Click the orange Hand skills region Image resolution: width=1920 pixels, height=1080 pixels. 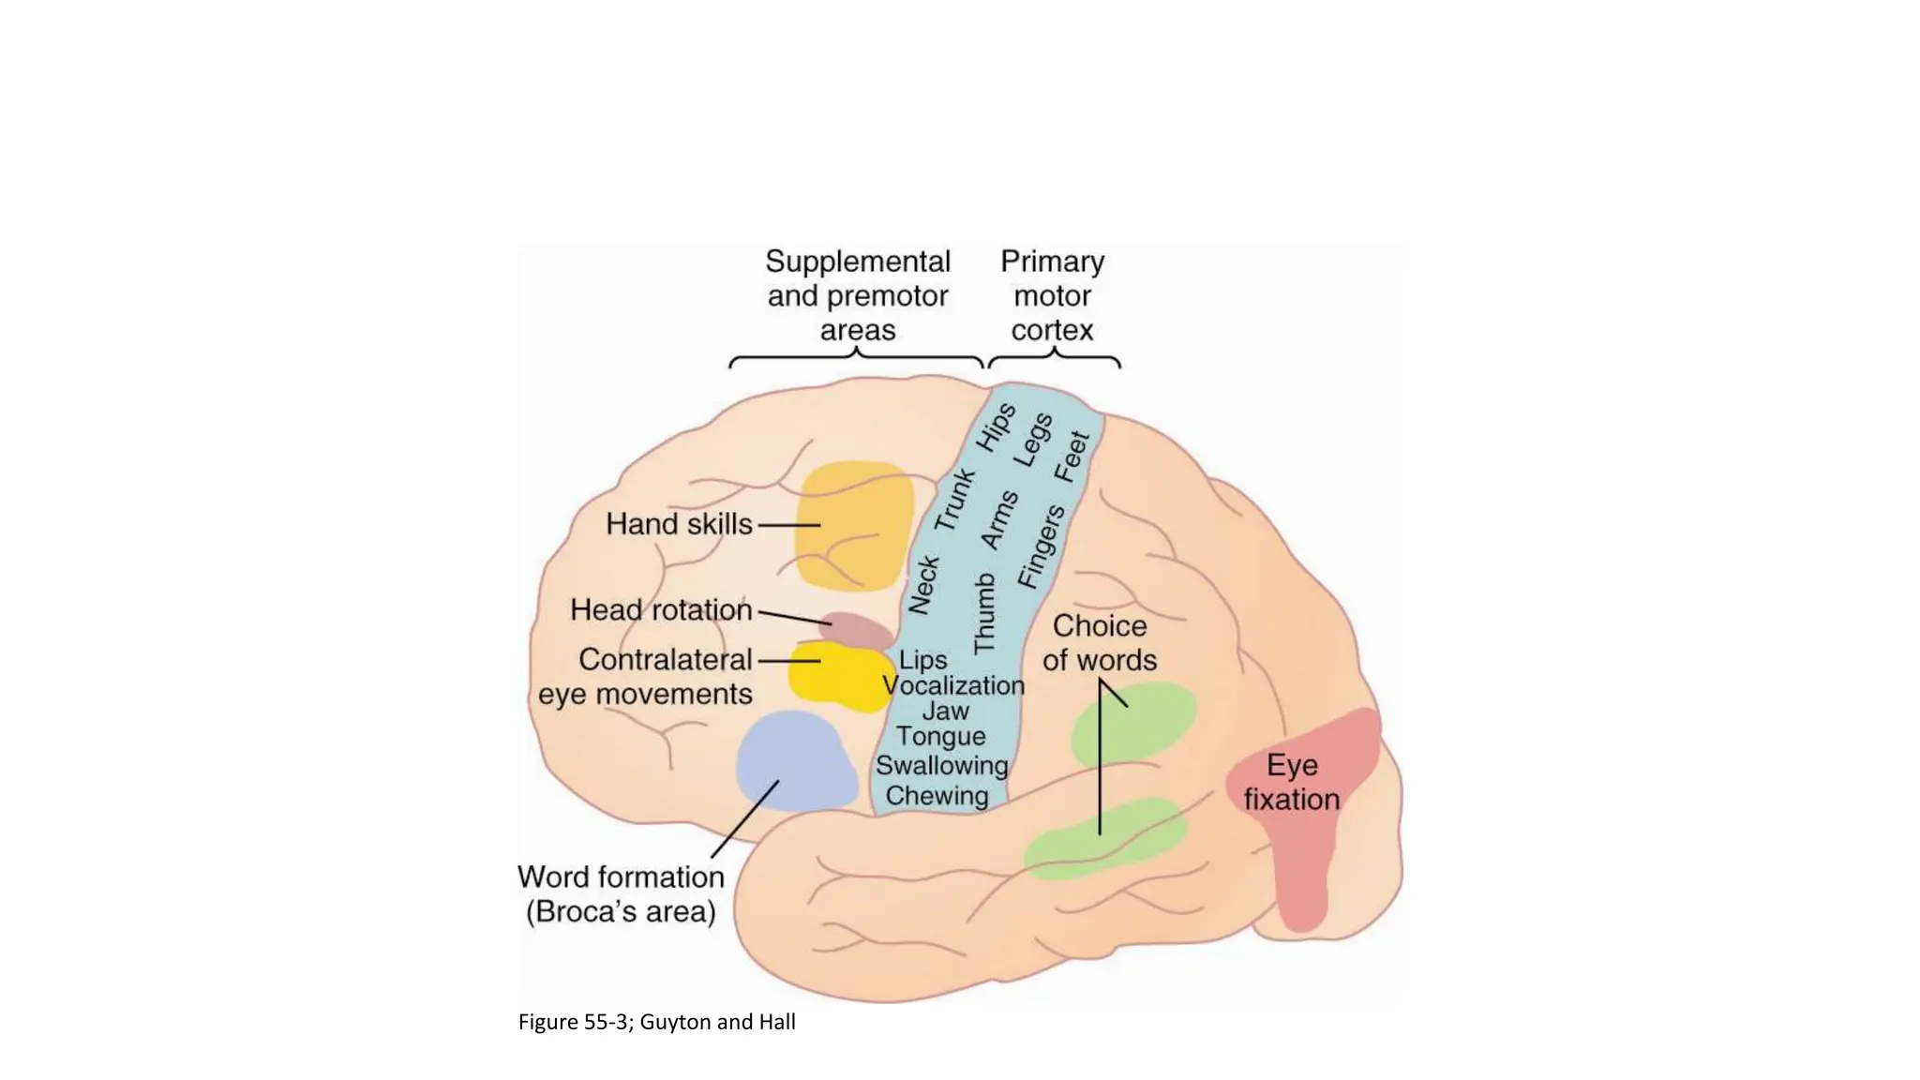[855, 525]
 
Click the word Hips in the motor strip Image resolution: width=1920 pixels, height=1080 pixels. [996, 427]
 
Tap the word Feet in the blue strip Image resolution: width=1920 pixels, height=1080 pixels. [1072, 457]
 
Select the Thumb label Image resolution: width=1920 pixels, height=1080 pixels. [984, 614]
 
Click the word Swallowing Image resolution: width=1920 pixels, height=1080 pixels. [941, 766]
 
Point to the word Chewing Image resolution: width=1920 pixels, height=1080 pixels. [937, 796]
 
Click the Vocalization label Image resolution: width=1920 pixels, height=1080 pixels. [954, 685]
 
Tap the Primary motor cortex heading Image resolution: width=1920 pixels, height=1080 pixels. [1052, 295]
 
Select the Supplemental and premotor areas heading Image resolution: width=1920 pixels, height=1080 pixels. [858, 295]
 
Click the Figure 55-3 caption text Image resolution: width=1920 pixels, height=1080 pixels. [656, 1022]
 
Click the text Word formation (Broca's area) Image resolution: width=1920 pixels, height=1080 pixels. [621, 893]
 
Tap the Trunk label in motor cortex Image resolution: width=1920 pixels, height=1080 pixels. [955, 500]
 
